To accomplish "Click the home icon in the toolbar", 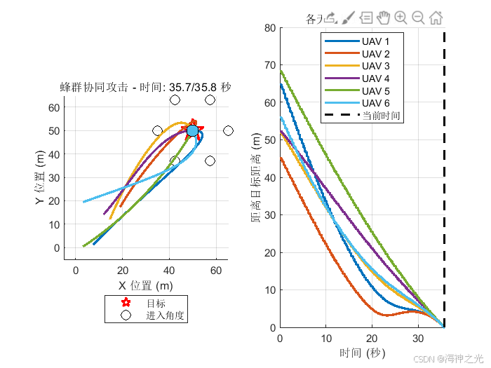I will (436, 18).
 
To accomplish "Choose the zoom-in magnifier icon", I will (401, 18).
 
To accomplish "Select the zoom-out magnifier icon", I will (418, 18).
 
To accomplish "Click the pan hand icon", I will (383, 18).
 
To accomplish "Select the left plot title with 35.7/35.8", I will (145, 88).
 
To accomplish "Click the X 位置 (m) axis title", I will (145, 285).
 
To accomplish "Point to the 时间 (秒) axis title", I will (362, 353).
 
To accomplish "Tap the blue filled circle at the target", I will (192, 131).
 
